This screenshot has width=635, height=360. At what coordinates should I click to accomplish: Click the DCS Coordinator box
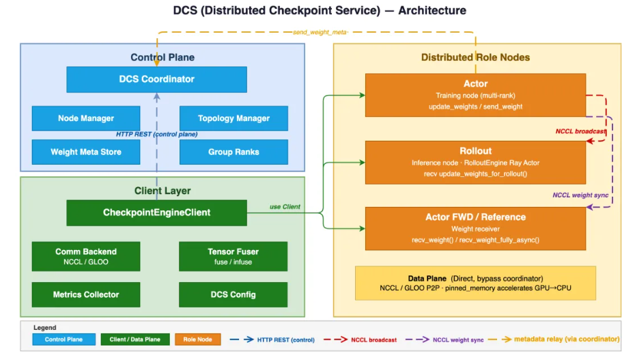coord(156,79)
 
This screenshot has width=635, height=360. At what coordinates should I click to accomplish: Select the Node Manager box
coord(85,118)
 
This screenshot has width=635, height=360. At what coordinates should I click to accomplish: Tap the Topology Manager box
coord(234,118)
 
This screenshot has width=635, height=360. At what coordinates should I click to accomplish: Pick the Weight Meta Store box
coord(85,152)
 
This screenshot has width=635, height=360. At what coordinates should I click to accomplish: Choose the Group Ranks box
coord(234,152)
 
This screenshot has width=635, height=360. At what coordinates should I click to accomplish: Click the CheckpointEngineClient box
coord(156,212)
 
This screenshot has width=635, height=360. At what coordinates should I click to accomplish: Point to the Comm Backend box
coord(85,256)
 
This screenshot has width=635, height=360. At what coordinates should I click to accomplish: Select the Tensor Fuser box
coord(234,256)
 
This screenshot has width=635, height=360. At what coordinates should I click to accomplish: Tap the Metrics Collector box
coord(85,294)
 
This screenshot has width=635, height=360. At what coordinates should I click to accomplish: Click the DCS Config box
coord(234,294)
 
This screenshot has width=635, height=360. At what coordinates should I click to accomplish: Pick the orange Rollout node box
coord(475,163)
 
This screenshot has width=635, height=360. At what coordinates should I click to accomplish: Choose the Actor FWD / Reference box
coord(475,228)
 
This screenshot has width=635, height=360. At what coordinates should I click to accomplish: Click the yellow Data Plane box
coord(475,283)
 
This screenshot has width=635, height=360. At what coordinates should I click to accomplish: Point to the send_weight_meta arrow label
coord(320,32)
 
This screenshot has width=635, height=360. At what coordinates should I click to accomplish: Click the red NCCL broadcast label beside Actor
coord(580,131)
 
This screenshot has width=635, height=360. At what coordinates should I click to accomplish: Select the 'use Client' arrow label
coord(284,206)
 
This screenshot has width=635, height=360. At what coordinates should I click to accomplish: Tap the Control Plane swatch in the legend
coord(63,339)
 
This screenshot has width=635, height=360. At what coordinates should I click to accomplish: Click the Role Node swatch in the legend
coord(198,339)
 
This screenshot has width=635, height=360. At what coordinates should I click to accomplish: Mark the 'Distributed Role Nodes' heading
coord(475,57)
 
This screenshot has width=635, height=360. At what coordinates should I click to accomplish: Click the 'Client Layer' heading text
coord(163,191)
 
